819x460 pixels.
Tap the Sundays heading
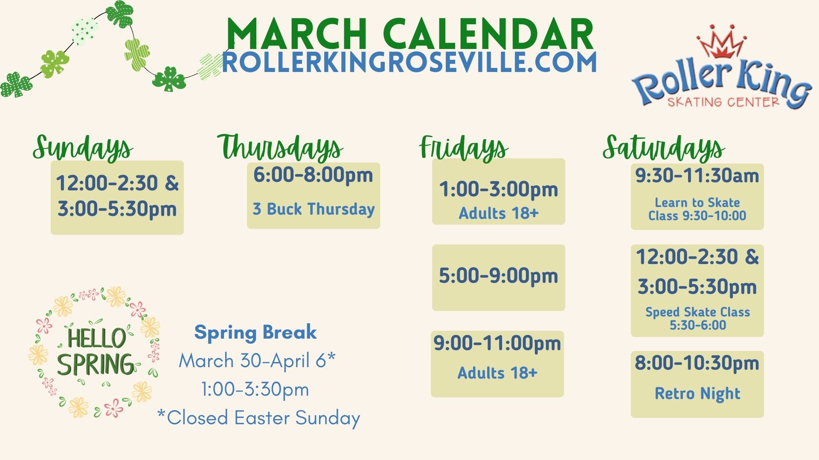83,148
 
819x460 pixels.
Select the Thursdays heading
280,148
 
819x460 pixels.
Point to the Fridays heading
464,148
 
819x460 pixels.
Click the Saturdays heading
664,148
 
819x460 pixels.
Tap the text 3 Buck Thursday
314,209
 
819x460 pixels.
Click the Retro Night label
697,394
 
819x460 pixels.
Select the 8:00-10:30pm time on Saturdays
697,363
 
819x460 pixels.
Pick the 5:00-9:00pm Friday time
498,276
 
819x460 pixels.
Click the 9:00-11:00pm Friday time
497,343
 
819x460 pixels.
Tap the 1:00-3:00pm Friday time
499,190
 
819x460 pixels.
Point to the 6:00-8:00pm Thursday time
313,175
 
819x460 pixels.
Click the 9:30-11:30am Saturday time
697,175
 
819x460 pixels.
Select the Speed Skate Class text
697,312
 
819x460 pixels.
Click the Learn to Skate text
697,202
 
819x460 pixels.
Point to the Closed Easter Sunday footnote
259,418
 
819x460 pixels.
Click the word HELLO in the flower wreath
97,338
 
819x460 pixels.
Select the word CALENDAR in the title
488,34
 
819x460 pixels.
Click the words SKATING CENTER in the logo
723,102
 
